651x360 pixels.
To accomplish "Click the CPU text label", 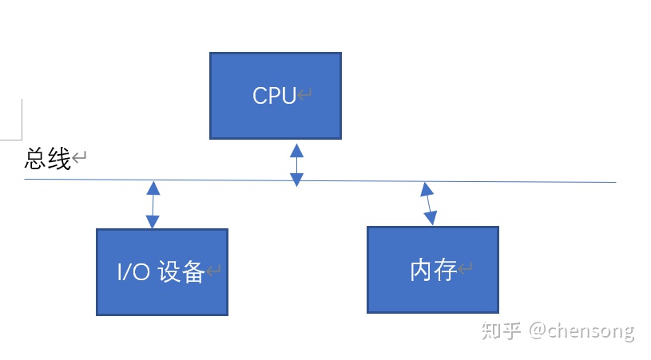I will (274, 96).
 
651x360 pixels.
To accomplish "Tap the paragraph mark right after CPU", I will (305, 95).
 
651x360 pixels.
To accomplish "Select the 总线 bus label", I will (48, 158).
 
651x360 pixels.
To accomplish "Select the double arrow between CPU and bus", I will (296, 165).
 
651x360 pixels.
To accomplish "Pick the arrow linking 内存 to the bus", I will (430, 203).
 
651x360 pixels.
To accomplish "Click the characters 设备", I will (181, 272).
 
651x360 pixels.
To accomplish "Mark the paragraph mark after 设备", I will (213, 272).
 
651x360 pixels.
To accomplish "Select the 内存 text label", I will (433, 271).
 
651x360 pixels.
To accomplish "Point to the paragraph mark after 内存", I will (465, 270).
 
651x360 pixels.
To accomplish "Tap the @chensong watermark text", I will (581, 330).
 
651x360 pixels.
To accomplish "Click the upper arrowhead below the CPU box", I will (296, 150).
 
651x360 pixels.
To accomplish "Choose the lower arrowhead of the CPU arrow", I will (296, 180).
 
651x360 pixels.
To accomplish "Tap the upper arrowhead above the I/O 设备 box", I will (153, 188).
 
